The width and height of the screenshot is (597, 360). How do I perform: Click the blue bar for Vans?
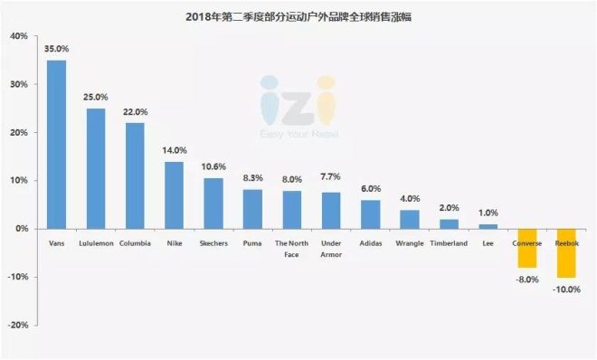(56, 145)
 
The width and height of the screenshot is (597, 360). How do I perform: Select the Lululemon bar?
(96, 169)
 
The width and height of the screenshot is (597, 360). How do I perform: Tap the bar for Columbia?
(135, 175)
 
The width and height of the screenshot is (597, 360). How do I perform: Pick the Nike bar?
(174, 195)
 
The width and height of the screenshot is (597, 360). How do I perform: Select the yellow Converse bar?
(526, 248)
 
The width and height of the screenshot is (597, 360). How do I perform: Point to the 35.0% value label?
(57, 50)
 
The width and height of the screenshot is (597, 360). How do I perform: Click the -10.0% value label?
(566, 290)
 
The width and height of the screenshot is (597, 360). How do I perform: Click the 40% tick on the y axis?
(18, 37)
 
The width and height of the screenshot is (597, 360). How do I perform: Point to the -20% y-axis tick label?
(16, 325)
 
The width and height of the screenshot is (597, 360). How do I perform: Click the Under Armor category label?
(331, 249)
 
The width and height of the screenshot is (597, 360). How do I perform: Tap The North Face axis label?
(291, 249)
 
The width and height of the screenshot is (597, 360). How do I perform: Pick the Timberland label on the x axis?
(449, 243)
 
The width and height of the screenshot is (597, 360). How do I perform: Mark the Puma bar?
(252, 209)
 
